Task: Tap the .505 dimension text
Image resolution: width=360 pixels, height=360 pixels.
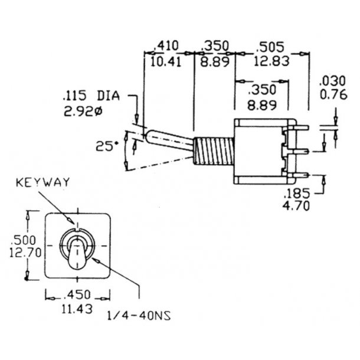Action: click(x=271, y=45)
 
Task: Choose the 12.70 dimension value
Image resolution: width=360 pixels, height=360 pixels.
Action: click(x=24, y=253)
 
